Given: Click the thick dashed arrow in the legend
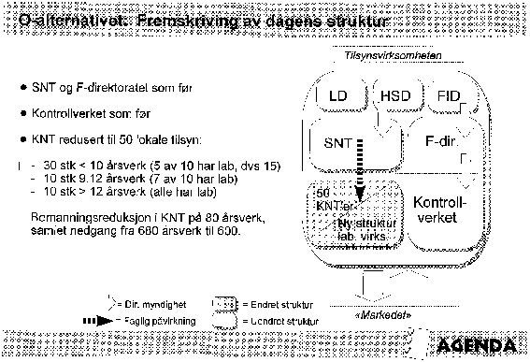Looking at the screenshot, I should [99, 320].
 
